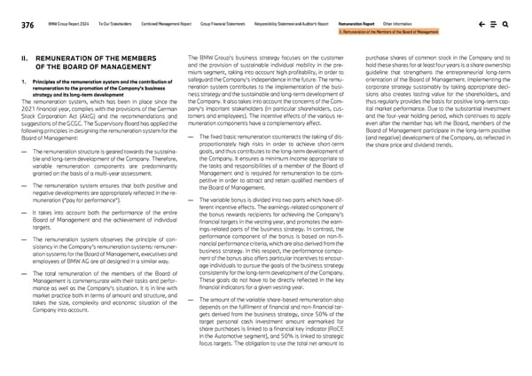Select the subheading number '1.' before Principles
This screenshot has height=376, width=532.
[22, 92]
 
